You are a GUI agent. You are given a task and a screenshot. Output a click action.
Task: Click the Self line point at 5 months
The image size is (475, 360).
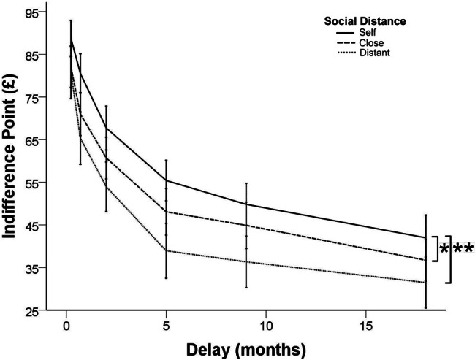coord(166,180)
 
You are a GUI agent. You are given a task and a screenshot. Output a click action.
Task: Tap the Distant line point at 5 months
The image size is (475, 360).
coord(166,250)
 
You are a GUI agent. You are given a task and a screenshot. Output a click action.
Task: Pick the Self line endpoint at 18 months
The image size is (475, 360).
coord(425,237)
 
